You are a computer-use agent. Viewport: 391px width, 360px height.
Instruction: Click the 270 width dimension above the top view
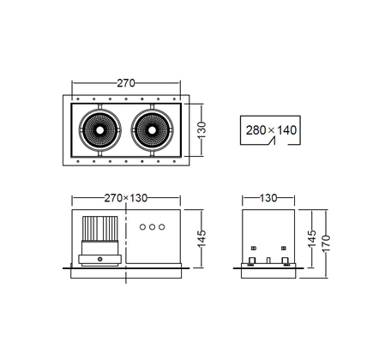point(126,83)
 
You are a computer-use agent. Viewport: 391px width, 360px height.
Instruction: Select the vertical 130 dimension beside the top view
point(202,130)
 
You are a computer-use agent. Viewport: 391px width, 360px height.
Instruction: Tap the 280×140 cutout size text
point(271,130)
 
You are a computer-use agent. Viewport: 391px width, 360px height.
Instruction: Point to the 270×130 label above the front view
point(126,198)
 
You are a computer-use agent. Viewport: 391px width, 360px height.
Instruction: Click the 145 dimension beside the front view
point(202,238)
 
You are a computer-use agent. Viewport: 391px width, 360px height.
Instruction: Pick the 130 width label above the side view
point(268,198)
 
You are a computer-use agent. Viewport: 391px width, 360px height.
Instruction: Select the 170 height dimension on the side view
point(326,243)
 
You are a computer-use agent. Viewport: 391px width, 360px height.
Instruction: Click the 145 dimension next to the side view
point(312,238)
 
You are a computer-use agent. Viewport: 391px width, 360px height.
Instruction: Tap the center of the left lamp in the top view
point(99,130)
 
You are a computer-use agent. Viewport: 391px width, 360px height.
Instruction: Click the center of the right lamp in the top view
point(152,130)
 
